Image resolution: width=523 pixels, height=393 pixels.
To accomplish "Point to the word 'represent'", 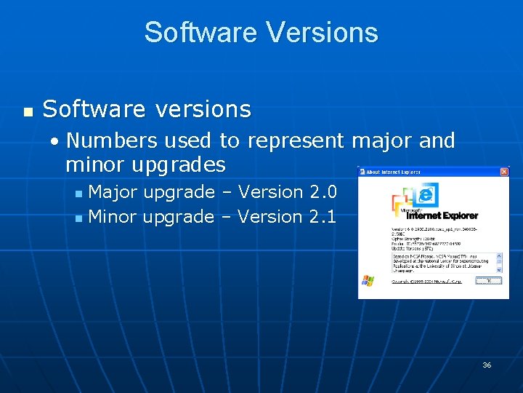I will pos(294,140).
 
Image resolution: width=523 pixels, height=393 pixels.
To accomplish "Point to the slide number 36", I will pos(487,365).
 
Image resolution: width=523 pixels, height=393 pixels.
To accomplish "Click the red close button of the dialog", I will pos(504,172).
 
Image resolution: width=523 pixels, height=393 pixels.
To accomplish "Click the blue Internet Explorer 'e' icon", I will pos(428,194).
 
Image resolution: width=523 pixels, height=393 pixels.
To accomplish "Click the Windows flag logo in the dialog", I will pos(368,280).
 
